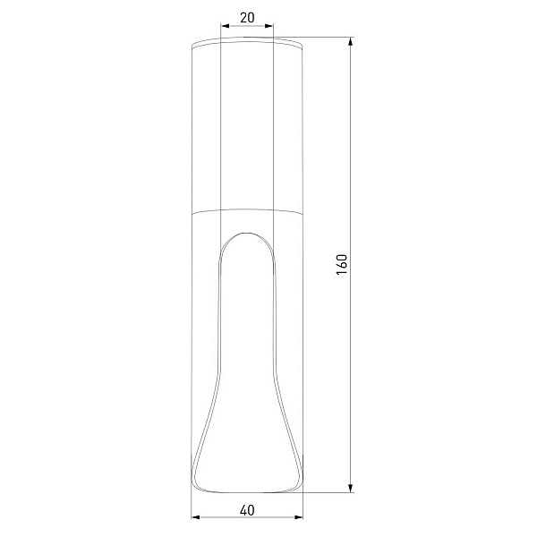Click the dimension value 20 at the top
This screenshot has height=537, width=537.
click(x=247, y=18)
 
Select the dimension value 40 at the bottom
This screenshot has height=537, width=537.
click(x=247, y=511)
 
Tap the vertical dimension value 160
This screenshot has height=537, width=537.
click(x=342, y=264)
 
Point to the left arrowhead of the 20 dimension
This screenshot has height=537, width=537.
click(x=225, y=26)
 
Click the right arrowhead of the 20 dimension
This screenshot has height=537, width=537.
click(x=269, y=26)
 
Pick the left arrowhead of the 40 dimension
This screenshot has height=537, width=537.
click(x=195, y=516)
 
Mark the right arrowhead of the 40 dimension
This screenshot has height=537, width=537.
click(x=299, y=516)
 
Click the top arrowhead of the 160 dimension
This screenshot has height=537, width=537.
click(x=350, y=41)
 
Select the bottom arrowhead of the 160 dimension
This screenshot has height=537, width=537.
click(x=350, y=489)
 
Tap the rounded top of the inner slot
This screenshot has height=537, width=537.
click(x=247, y=234)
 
